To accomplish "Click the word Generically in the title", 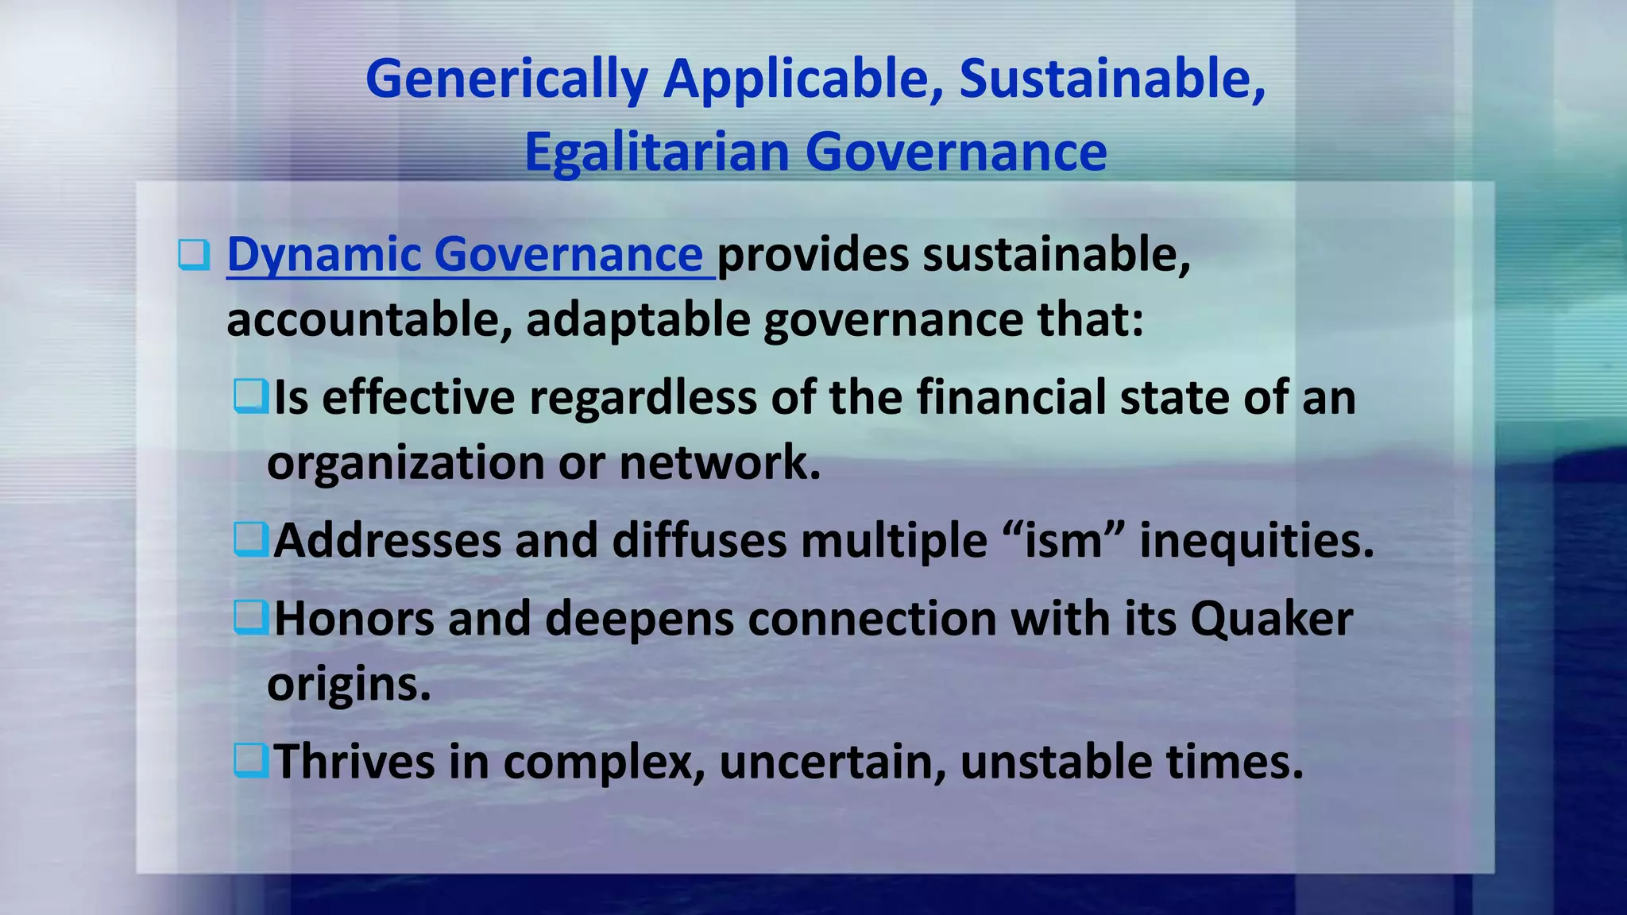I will pyautogui.click(x=506, y=80).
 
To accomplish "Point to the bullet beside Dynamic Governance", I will pyautogui.click(x=194, y=255).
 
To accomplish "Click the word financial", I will pyautogui.click(x=1011, y=396).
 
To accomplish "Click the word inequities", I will pyautogui.click(x=1256, y=540).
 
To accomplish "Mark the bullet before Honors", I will pyautogui.click(x=251, y=617).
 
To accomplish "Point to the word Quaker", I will pyautogui.click(x=1271, y=618).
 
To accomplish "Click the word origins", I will pyautogui.click(x=348, y=683).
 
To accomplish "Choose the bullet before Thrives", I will pyautogui.click(x=251, y=760).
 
